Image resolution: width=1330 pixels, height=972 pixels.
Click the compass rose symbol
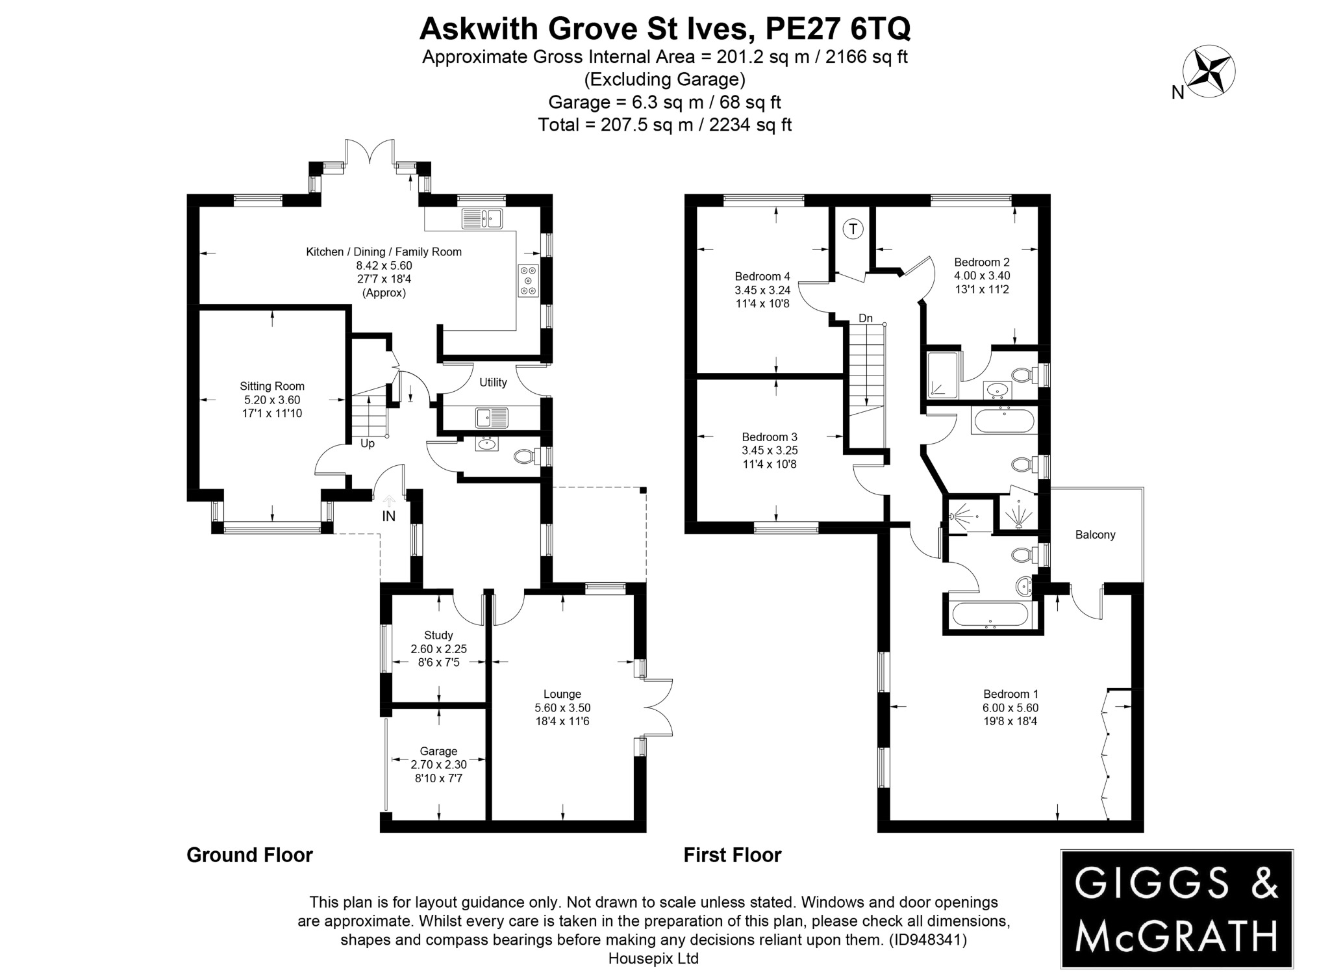pos(1208,71)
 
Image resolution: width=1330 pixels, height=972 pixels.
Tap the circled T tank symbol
pos(853,229)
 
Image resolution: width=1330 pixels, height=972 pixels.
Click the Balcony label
pos(1095,535)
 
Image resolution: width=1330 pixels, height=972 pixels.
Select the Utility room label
pos(493,382)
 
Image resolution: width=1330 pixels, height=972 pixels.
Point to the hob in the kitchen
pos(527,281)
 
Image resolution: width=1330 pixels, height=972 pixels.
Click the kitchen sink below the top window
pos(482,219)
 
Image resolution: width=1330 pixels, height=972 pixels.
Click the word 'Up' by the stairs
pos(368,444)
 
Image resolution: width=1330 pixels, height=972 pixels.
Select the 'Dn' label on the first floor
pos(866,318)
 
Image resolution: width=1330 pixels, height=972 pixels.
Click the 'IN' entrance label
pos(388,517)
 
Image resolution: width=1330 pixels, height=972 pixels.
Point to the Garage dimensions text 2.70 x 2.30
pos(438,765)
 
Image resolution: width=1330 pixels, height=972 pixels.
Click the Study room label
pos(438,635)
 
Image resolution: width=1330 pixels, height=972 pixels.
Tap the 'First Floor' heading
pos(732,855)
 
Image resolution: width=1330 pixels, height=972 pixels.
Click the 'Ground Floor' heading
pos(249,855)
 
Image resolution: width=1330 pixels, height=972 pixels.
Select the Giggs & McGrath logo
pos(1176,908)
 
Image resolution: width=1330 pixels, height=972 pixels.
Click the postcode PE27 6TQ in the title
pos(838,29)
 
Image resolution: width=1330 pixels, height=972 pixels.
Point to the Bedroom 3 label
pos(770,437)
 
